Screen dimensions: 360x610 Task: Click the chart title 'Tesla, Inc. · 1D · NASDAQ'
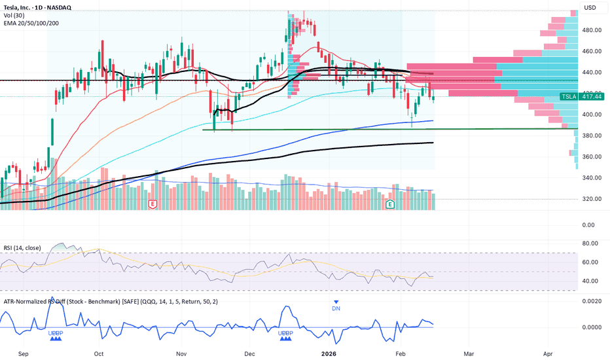(x=37, y=7)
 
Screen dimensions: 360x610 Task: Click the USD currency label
(x=590, y=8)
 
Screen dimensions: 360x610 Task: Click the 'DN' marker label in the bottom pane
(x=335, y=309)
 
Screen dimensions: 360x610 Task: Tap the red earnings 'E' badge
(x=152, y=205)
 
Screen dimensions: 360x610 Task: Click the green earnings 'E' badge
(x=391, y=205)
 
